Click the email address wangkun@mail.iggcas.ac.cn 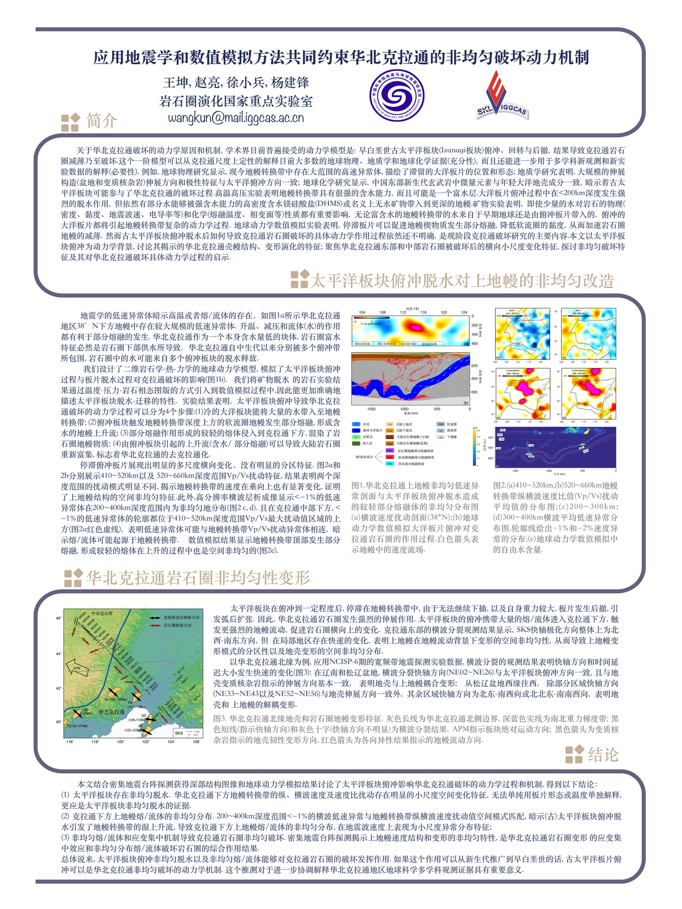click(235, 118)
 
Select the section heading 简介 click(102, 120)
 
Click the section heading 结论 click(602, 754)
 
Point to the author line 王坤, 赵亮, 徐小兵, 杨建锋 click(236, 83)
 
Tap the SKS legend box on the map click(188, 733)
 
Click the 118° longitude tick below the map click(95, 741)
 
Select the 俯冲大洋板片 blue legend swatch click(356, 431)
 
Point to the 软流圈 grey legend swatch click(440, 424)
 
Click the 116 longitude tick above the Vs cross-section click(423, 312)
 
